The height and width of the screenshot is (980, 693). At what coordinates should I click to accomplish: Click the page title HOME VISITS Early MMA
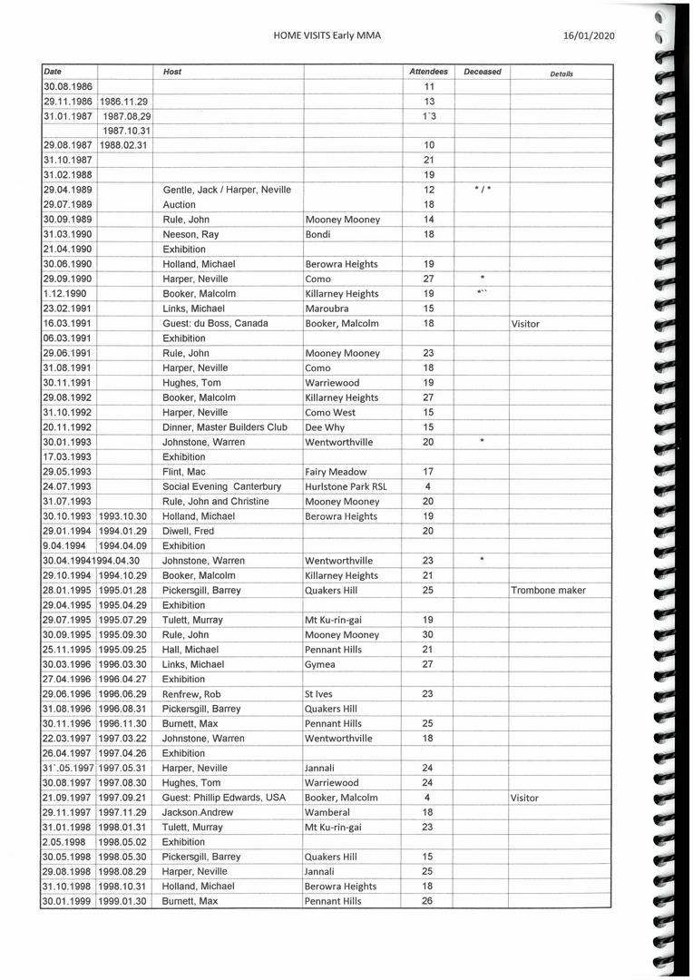[327, 35]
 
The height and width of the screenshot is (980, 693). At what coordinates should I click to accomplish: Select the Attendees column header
[428, 72]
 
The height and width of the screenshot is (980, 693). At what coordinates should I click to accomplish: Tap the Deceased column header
[482, 72]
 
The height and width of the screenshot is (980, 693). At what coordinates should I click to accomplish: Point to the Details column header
[561, 73]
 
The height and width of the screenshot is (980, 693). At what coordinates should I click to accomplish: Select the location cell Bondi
[320, 234]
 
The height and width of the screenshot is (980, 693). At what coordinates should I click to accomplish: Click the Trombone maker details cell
[548, 591]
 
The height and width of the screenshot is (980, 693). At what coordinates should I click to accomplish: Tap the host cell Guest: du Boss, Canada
[215, 323]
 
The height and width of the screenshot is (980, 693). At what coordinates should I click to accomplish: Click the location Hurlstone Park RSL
[346, 486]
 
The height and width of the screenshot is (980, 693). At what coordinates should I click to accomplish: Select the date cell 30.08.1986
[68, 86]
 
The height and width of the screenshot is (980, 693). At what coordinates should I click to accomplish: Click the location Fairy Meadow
[336, 472]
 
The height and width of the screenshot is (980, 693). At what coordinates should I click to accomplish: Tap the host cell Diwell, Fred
[188, 531]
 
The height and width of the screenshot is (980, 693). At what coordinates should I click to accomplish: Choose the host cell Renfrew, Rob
[191, 694]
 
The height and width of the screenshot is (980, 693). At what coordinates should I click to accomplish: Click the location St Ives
[319, 694]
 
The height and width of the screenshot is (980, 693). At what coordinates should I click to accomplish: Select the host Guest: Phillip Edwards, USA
[224, 798]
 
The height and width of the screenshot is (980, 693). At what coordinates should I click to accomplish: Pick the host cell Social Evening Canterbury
[221, 486]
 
